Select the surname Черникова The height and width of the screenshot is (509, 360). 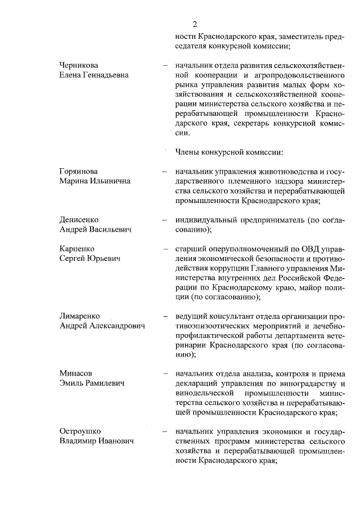click(80, 65)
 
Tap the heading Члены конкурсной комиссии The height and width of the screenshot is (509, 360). click(229, 151)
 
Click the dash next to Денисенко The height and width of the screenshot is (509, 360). click(165, 220)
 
